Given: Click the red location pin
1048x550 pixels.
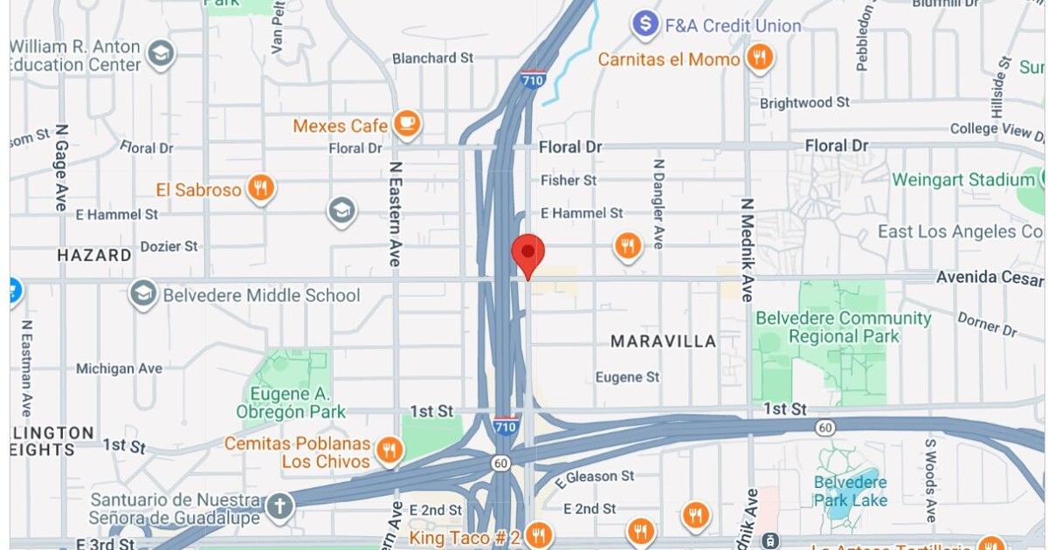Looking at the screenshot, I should pos(527,253).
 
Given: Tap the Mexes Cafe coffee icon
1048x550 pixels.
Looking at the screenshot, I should pos(406,125).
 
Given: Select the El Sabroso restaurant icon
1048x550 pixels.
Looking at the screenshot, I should pos(260,188).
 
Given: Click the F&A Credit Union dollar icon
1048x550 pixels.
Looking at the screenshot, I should pos(645,24).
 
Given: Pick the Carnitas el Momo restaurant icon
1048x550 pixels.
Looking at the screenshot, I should pos(760,58).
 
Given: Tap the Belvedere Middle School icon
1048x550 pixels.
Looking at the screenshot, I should pos(143,295).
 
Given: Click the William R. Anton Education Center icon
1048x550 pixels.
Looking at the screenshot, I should pos(160,54).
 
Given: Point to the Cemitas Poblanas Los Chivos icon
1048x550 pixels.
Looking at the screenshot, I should pos(389,451).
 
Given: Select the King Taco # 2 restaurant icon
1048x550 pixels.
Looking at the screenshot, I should pos(539,535).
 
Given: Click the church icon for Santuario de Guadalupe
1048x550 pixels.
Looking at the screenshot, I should pos(279,506).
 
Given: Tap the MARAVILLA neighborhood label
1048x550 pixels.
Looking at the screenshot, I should pos(663,341).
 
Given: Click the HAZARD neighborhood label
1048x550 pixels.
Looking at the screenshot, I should pos(94,256).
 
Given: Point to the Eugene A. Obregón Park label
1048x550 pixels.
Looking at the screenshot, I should pos(290,402).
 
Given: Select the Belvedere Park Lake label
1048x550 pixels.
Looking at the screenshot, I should pos(850,491).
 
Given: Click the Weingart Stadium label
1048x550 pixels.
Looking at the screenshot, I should pos(962,180).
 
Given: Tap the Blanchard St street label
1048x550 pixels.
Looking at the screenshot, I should pos(432,58).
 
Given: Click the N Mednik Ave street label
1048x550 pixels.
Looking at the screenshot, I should pos(747,250).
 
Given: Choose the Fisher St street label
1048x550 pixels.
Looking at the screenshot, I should pos(568,180).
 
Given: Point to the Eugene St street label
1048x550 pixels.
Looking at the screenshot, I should pos(627,377).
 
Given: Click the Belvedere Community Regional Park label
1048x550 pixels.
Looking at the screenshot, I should pos(843,327).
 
